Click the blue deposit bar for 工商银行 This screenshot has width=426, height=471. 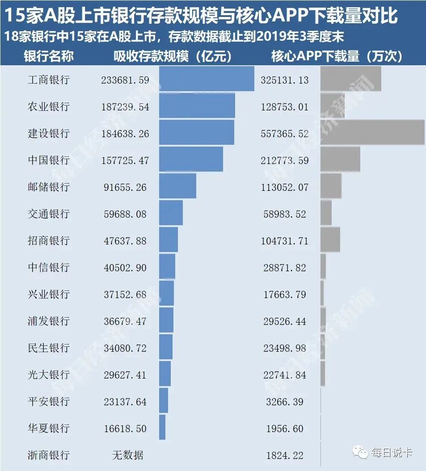(207, 79)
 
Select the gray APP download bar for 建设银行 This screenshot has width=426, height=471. (372, 132)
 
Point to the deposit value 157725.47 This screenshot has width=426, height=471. (125, 160)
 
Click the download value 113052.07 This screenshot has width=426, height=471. (285, 187)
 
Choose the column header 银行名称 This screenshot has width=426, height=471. (49, 56)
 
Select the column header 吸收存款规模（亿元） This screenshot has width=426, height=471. (172, 56)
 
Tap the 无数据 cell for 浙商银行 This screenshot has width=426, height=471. (127, 455)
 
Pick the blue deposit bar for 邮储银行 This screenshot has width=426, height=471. (177, 186)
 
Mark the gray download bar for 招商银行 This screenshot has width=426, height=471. (330, 240)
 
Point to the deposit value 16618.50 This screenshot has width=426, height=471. (125, 429)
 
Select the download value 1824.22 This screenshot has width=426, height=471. (285, 455)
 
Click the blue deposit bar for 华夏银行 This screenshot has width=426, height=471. (162, 427)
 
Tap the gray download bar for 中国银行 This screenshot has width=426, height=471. (340, 159)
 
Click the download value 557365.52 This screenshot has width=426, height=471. (285, 134)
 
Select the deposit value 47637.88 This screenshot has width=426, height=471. (125, 241)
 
